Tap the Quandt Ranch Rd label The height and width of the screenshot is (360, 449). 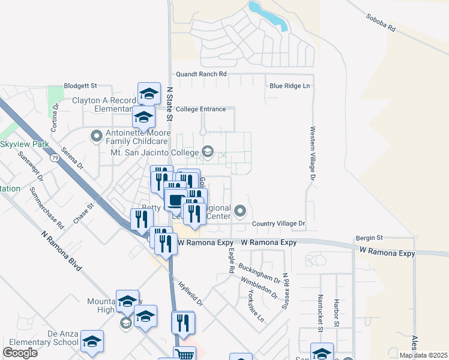201,74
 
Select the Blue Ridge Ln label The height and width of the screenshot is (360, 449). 290,86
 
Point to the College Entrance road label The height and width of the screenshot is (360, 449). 201,109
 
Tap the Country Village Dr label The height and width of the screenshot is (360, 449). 279,224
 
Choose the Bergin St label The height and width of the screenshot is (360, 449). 369,238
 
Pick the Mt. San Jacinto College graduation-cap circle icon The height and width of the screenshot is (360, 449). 208,151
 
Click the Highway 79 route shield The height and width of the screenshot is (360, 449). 55,158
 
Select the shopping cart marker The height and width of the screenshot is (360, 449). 184,354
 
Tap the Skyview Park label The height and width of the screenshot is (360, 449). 25,145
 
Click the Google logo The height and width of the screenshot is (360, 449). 20,353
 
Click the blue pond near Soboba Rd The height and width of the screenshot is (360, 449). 268,14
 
